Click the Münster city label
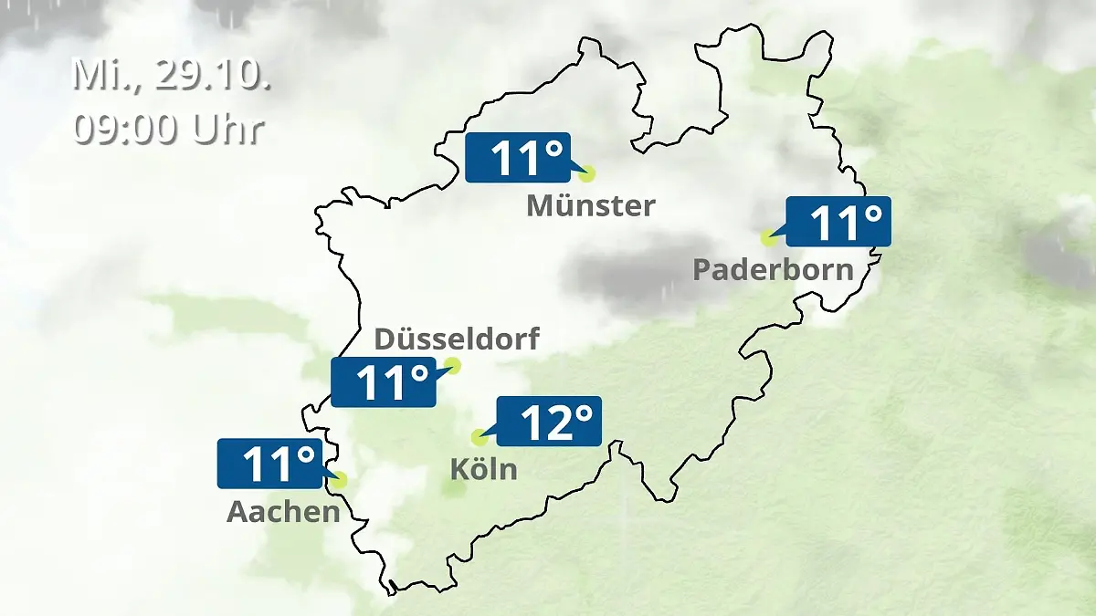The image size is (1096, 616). (590, 205)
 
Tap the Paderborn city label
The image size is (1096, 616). (773, 269)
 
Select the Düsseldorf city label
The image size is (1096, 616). (457, 339)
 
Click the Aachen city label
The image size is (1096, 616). (283, 512)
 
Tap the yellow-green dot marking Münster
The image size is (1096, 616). (586, 172)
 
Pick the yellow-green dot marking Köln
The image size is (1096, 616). (478, 438)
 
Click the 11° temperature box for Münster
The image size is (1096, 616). (518, 157)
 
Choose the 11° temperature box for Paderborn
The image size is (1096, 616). (838, 221)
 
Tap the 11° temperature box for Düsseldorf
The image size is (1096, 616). (383, 381)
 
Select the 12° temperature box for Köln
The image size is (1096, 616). (548, 421)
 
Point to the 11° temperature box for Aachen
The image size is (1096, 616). (269, 464)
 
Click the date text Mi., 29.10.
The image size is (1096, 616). (171, 76)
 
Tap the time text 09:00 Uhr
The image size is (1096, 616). (168, 129)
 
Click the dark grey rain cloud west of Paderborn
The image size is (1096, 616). (630, 271)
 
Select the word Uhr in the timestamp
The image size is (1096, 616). (227, 129)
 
